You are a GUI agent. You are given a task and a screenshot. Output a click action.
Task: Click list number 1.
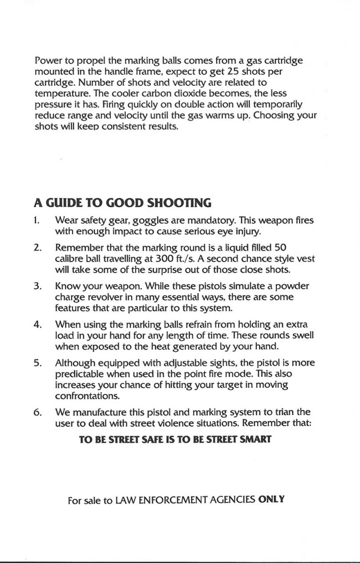pyautogui.click(x=37, y=221)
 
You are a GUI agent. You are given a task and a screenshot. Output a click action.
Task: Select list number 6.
pyautogui.click(x=38, y=412)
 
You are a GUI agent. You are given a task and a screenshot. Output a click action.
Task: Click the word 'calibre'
pyautogui.click(x=71, y=259)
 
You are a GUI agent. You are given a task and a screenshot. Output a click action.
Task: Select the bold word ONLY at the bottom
pyautogui.click(x=271, y=500)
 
